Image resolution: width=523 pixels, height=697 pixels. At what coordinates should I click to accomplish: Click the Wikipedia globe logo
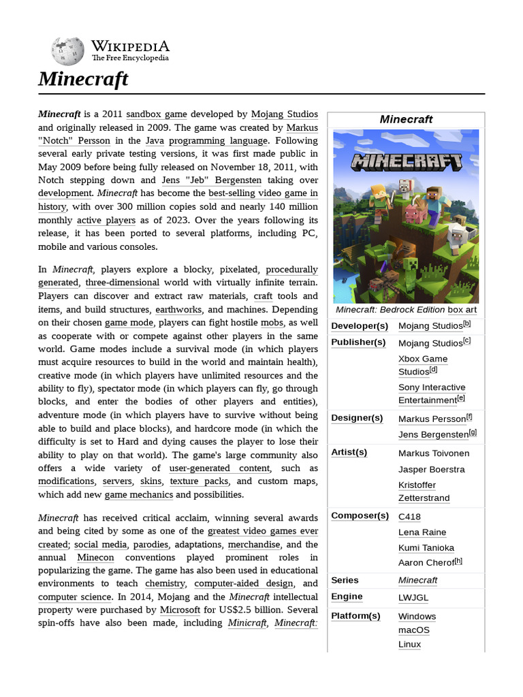click(67, 51)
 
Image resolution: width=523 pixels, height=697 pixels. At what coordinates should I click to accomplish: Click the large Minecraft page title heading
click(83, 79)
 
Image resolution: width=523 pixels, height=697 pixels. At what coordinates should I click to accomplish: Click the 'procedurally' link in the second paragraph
click(291, 270)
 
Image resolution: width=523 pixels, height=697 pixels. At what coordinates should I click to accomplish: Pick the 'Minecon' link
click(95, 557)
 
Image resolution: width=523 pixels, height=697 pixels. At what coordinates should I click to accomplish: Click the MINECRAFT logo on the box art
click(407, 162)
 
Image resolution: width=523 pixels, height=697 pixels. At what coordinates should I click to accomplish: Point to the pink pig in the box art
click(414, 214)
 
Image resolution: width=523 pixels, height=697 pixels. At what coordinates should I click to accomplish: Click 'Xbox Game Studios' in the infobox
click(422, 365)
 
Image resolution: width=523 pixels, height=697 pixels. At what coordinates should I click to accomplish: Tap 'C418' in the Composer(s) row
click(409, 517)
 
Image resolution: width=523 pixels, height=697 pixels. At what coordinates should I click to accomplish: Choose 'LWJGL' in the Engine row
click(413, 598)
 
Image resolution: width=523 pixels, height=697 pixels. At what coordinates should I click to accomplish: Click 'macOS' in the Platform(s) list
click(414, 630)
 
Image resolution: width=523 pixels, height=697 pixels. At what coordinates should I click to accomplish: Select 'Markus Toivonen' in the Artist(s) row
click(433, 453)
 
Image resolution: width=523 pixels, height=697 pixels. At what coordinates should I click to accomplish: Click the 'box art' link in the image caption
click(462, 310)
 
